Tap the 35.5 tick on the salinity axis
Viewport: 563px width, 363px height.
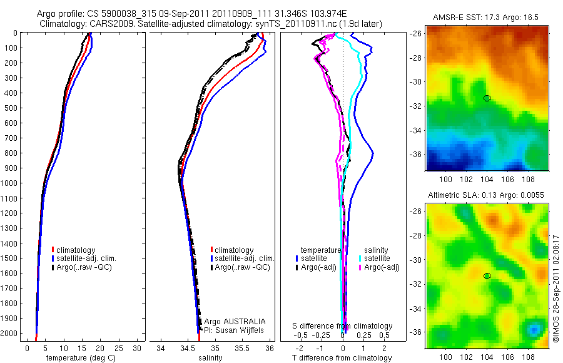pos(242,348)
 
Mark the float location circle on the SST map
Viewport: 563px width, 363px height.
pos(487,98)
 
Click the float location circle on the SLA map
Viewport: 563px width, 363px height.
pos(487,275)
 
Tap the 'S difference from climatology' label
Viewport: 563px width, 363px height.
pos(343,326)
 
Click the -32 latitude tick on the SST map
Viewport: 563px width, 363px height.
pos(416,106)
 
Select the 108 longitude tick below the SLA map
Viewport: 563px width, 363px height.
pos(527,357)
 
